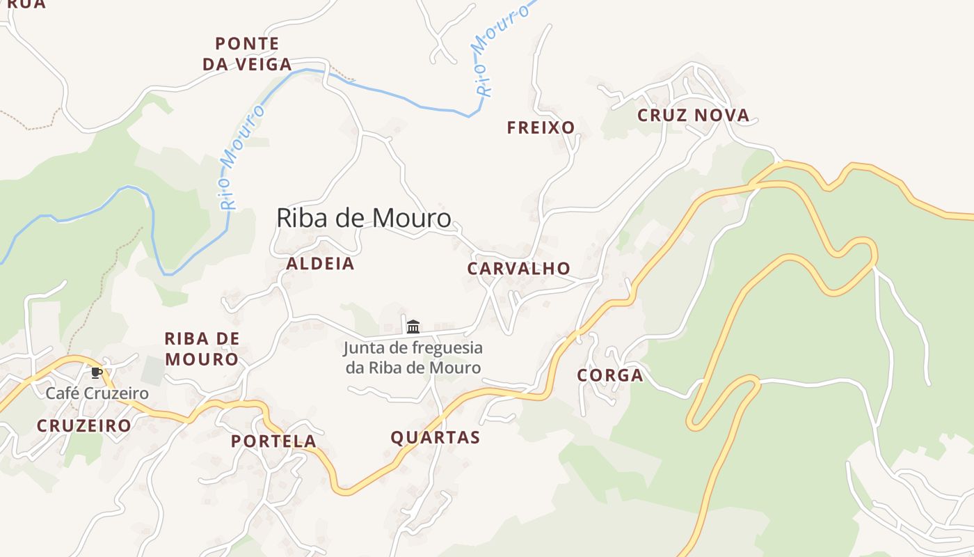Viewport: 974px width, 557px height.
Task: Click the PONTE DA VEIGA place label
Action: click(247, 54)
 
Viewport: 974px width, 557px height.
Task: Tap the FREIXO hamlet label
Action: click(541, 127)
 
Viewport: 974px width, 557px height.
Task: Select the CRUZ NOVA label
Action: click(694, 116)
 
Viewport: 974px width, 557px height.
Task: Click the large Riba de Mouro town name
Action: click(364, 218)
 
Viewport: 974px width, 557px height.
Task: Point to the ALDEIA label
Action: click(320, 264)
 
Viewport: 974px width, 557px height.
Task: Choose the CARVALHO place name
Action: click(518, 269)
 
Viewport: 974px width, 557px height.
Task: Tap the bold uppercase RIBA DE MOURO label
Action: click(202, 350)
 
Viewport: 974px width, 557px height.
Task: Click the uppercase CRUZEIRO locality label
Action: click(83, 425)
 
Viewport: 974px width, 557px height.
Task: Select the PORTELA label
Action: click(273, 441)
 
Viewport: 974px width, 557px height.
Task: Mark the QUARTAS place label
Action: click(435, 438)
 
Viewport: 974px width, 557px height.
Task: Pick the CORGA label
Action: click(609, 376)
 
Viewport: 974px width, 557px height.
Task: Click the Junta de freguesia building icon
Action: click(413, 326)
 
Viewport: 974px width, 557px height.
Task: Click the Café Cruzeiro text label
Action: click(97, 393)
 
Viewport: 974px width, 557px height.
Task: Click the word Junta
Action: click(365, 347)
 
